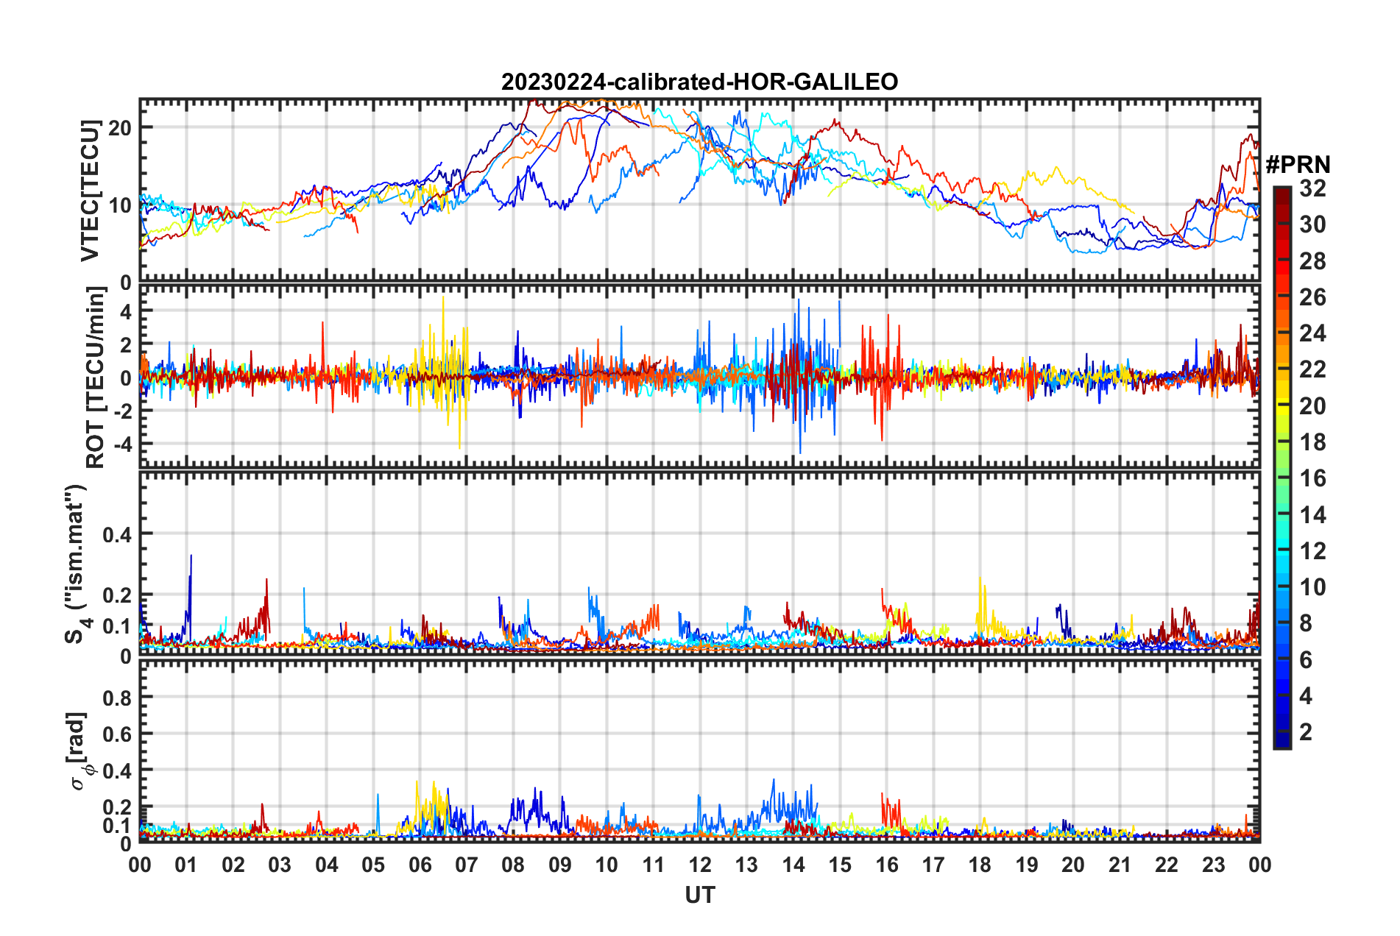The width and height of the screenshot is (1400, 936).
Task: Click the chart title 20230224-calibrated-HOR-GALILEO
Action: click(699, 82)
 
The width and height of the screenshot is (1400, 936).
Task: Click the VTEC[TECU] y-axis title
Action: click(90, 191)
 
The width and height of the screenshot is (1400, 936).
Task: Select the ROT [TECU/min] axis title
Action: click(96, 377)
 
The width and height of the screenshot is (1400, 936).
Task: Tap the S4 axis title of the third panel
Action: click(77, 564)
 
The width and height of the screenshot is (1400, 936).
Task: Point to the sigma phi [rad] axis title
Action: click(78, 751)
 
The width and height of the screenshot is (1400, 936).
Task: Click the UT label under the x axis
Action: click(699, 895)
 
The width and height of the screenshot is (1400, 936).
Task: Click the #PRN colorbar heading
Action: click(1298, 165)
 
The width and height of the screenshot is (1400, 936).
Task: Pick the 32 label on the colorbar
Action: click(1312, 188)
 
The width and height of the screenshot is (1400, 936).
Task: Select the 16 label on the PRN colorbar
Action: click(1312, 478)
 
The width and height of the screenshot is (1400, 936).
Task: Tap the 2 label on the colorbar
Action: click(1306, 732)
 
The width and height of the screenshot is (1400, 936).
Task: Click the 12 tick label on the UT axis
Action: click(700, 865)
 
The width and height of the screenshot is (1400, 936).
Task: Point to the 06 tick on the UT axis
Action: click(420, 865)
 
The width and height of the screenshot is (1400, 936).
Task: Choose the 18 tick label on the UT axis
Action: click(980, 865)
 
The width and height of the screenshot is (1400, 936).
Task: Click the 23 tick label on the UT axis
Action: click(1213, 865)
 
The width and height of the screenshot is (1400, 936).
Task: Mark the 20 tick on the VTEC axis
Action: click(120, 127)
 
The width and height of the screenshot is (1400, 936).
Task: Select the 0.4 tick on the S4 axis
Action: click(117, 534)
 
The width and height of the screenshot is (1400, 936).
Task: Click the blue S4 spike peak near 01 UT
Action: click(191, 556)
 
